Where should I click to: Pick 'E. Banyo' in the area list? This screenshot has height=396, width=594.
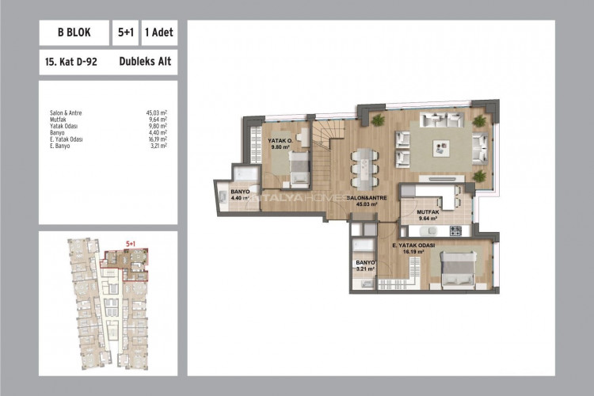coord(59,145)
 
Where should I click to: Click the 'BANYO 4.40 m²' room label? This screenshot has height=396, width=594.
coord(240,193)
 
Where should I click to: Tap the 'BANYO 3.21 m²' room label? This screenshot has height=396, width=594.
coord(364,265)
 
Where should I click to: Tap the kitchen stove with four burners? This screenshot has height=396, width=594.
coord(455,230)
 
